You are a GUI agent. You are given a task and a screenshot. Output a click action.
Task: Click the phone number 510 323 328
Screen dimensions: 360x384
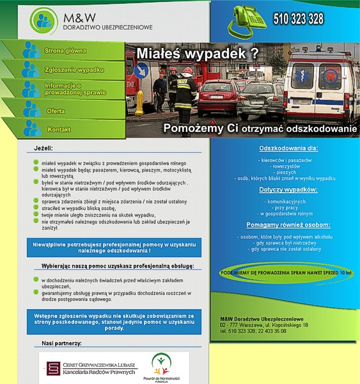coord(298,19)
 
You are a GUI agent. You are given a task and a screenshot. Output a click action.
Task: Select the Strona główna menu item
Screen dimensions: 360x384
coord(65,51)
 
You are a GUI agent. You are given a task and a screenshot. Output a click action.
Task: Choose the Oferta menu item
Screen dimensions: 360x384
coord(56,111)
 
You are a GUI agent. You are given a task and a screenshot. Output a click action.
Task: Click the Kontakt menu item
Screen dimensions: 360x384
coord(59,130)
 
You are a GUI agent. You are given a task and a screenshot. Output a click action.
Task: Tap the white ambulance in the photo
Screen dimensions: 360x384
coord(320,86)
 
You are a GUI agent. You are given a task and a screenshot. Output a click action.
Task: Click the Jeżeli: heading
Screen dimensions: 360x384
coord(43,149)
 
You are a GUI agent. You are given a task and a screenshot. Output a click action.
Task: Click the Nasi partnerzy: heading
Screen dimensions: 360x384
coord(61,344)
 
